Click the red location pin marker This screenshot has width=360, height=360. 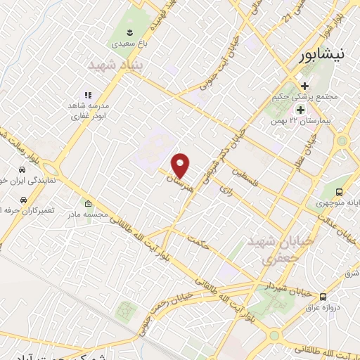click(x=181, y=165)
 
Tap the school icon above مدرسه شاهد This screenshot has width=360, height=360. click(x=88, y=94)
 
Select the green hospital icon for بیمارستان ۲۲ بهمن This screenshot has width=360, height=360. click(x=300, y=110)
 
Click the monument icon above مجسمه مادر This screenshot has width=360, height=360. click(x=87, y=202)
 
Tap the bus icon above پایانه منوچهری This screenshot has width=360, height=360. click(x=340, y=192)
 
